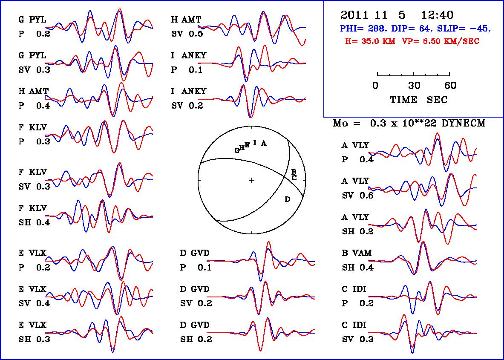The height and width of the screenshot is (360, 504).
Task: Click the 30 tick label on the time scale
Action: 414,86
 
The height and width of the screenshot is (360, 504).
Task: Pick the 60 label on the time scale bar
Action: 450,86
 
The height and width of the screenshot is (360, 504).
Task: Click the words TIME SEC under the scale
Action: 419,100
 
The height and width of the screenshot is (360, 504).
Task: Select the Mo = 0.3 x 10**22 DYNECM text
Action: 409,124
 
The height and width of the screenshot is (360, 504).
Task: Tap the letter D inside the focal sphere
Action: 287,199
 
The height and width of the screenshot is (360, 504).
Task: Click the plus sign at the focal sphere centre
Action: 252,181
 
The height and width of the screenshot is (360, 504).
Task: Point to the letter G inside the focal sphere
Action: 237,150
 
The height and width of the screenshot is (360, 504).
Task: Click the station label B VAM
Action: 357,253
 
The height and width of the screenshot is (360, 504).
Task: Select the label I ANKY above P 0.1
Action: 189,56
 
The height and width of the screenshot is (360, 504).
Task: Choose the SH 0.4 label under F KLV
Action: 34,222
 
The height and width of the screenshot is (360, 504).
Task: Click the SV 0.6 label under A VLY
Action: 358,196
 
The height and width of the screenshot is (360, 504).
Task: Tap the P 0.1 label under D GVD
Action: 196,268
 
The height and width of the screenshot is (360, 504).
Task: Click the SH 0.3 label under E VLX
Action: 34,339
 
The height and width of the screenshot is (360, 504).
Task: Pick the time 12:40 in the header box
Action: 437,15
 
